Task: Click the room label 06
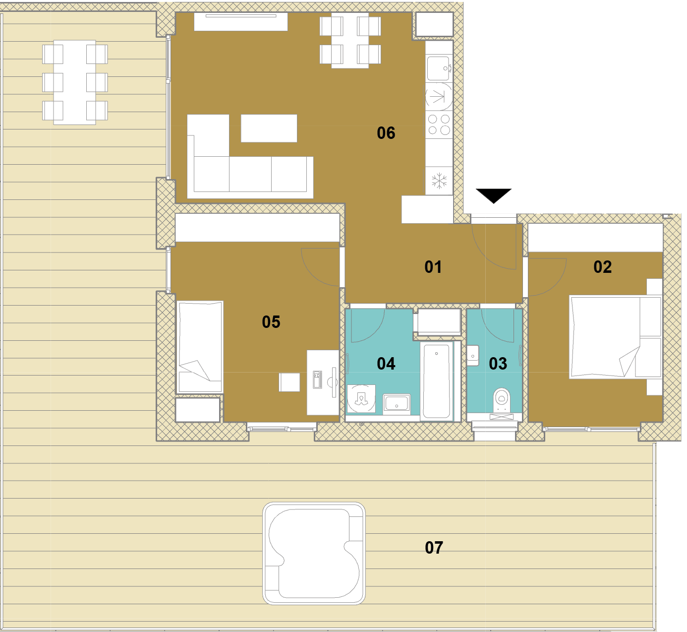[386, 133]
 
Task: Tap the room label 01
[433, 267]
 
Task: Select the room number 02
[602, 267]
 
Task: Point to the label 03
[498, 364]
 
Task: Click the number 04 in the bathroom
[386, 364]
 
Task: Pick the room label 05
[271, 322]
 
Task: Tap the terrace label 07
[434, 548]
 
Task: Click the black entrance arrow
[494, 196]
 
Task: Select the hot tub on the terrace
[314, 554]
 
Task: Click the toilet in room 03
[502, 400]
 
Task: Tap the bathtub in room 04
[437, 381]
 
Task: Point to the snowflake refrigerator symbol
[439, 181]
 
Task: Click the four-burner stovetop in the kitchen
[439, 125]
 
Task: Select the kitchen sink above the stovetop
[439, 68]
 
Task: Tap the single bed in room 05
[200, 347]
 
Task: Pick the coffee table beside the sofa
[269, 128]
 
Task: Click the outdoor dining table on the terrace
[75, 82]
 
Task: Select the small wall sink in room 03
[473, 356]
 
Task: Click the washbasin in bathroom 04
[397, 404]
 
